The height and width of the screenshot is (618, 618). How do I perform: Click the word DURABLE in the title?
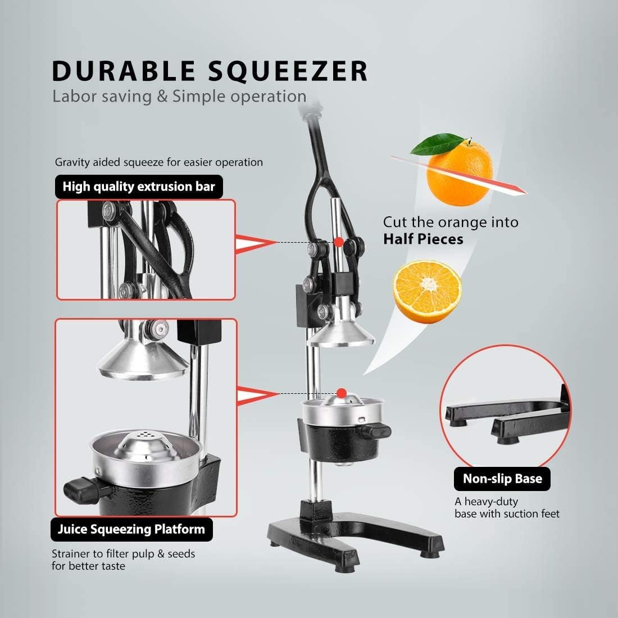point(124,71)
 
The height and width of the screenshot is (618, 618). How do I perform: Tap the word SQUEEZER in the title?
point(288,71)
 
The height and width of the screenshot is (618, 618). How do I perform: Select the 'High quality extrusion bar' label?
point(139,187)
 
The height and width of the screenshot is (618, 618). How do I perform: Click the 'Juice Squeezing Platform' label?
point(131,529)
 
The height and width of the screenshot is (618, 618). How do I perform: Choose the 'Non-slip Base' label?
point(502,479)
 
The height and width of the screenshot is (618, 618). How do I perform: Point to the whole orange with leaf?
point(457,170)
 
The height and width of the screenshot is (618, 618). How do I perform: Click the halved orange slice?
point(428,291)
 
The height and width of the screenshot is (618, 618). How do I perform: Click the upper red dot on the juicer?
point(339,242)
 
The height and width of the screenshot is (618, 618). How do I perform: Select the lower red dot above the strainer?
point(342,393)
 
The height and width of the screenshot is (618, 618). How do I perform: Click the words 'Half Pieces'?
point(423,239)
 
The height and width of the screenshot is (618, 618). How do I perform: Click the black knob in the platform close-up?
point(81,490)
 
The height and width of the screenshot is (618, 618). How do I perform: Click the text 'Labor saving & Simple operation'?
point(179,96)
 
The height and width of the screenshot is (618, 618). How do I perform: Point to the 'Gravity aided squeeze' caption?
point(159,162)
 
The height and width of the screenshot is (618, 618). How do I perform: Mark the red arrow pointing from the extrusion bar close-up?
point(256,243)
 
